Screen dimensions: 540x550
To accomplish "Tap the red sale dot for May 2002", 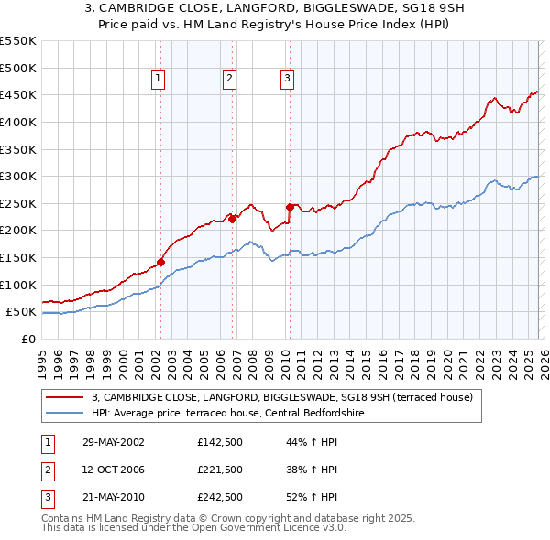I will [x=160, y=262].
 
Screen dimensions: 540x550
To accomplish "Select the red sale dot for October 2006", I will [x=233, y=219].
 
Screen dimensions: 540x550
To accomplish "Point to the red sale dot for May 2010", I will [x=290, y=207].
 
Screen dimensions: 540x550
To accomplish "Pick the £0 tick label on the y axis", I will [x=27, y=339].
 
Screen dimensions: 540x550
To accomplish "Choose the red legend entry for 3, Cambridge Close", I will [x=281, y=397].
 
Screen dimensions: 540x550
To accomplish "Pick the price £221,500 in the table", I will [x=220, y=470].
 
